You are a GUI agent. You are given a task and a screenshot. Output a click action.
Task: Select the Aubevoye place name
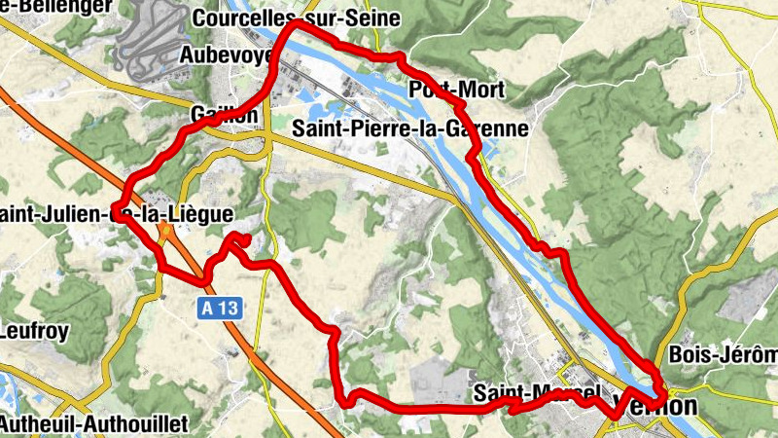click(227, 55)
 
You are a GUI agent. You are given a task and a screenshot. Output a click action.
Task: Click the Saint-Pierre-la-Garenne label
click(409, 128)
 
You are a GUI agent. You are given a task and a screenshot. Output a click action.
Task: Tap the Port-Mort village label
click(457, 91)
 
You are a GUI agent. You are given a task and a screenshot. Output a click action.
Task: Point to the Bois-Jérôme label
click(724, 354)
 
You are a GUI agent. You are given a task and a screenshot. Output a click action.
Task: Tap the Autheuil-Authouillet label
click(93, 423)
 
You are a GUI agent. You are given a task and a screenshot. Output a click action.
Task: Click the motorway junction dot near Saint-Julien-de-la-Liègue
click(165, 232)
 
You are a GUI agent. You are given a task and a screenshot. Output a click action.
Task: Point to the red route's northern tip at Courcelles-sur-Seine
click(290, 25)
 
